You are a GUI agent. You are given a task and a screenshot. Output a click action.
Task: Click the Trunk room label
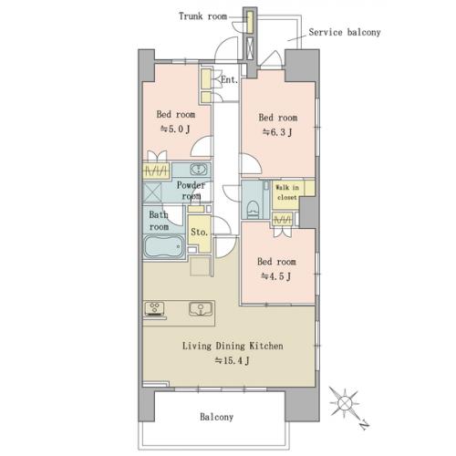[202, 16]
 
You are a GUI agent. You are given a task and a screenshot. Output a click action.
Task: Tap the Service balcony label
[345, 32]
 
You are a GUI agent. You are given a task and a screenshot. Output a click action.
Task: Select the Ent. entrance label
[229, 80]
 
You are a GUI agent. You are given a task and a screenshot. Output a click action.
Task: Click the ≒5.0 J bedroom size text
[175, 130]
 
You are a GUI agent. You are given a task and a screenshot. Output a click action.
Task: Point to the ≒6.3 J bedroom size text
[277, 132]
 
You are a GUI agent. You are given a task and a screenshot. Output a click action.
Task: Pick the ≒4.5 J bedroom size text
[276, 276]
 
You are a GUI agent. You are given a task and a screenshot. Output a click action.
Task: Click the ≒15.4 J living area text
[233, 360]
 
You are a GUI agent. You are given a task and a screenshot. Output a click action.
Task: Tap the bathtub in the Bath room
[164, 247]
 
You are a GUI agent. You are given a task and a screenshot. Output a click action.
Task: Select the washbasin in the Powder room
[199, 169]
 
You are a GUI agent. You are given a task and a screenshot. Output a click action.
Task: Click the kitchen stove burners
[155, 308]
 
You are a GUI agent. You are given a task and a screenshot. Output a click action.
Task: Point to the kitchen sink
[201, 309]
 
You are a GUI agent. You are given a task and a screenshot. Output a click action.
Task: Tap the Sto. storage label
[199, 233]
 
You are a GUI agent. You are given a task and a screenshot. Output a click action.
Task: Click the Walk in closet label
[287, 192]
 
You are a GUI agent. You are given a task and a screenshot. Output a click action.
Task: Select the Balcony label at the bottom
[216, 417]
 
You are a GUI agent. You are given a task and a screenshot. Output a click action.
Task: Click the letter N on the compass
[364, 424]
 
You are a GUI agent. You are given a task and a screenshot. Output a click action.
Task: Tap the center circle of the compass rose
[345, 403]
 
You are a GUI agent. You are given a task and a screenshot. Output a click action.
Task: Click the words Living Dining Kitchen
[233, 346]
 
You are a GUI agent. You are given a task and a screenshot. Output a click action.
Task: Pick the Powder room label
[191, 191]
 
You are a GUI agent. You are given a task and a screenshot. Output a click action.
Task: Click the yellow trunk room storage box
[250, 22]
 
